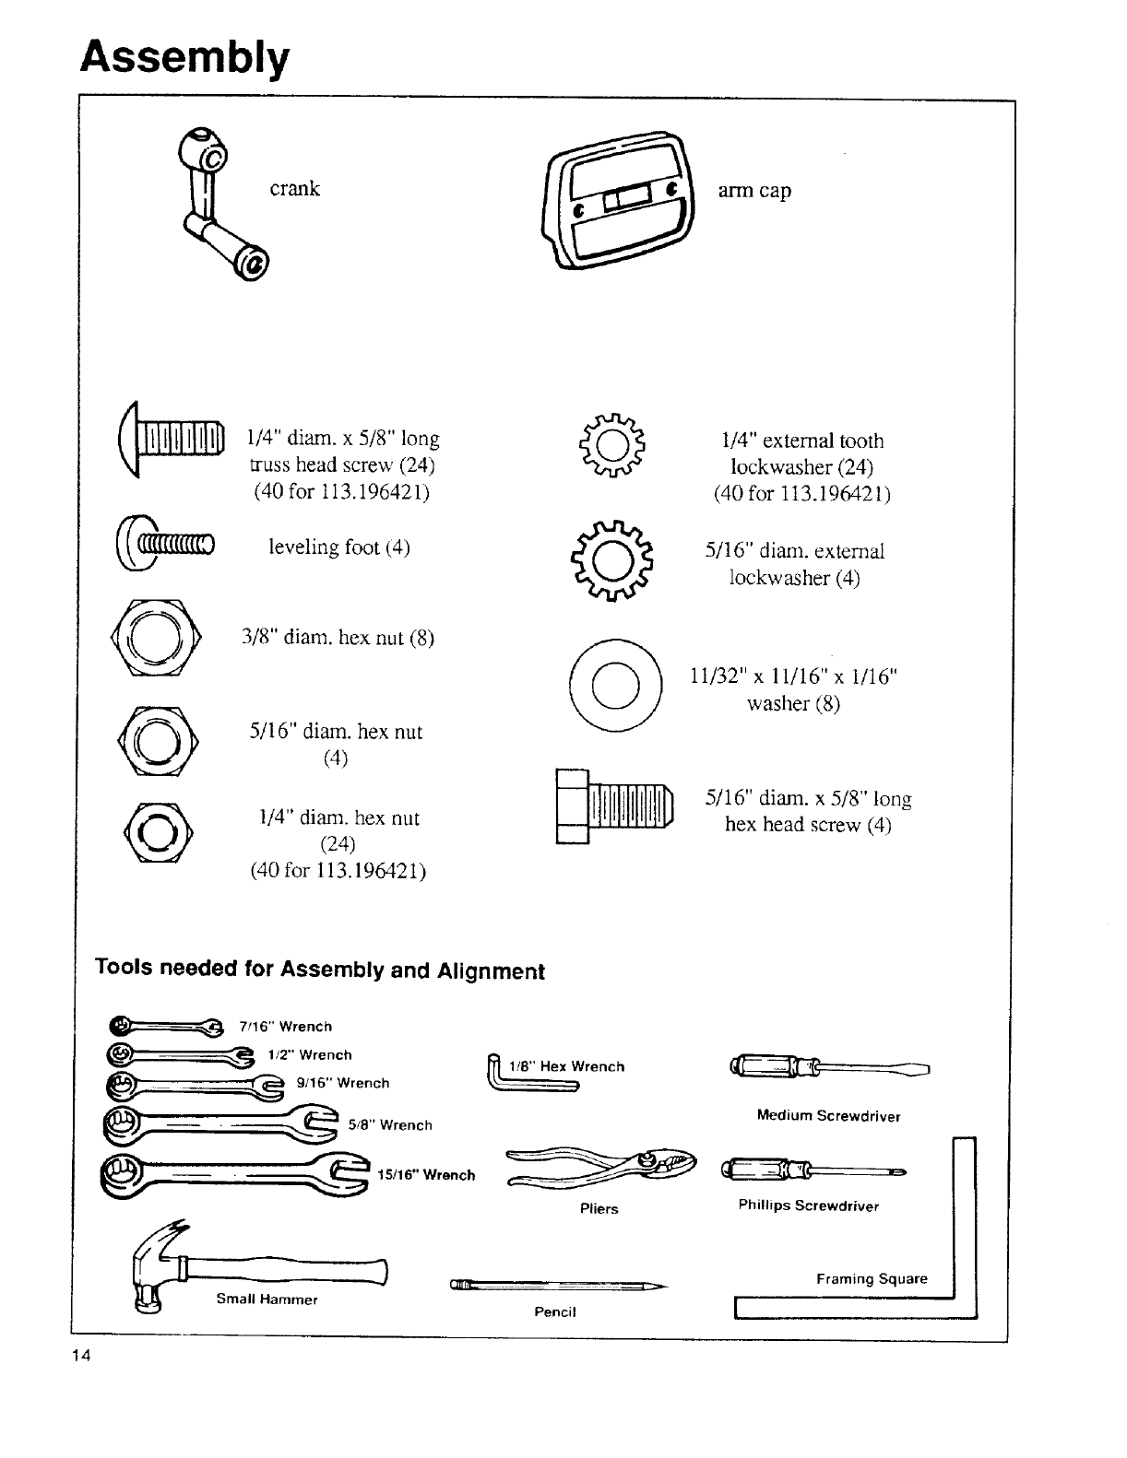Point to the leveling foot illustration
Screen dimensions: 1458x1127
pos(166,546)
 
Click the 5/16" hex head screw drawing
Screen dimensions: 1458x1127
pos(613,805)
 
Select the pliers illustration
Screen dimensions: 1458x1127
pos(599,1167)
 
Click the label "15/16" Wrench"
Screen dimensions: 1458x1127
pos(426,1175)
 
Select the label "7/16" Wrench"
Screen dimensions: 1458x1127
pos(285,1027)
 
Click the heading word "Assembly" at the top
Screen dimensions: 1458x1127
pos(184,57)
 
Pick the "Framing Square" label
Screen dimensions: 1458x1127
pos(872,1279)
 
